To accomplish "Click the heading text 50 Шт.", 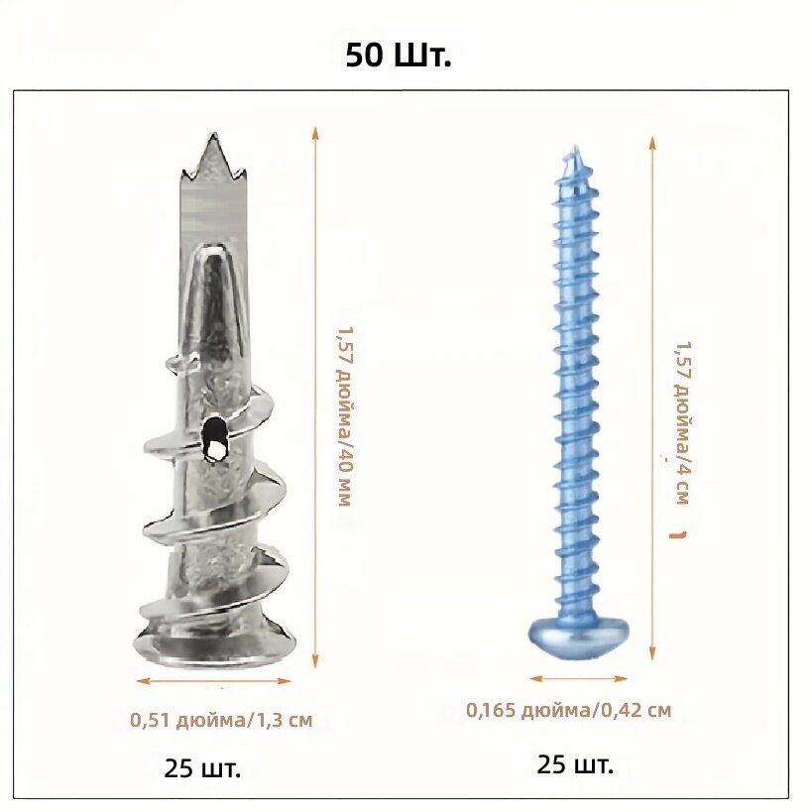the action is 399,56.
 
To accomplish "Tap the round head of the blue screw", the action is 578,635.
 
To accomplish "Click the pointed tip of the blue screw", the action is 574,150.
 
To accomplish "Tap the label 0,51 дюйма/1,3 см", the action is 221,721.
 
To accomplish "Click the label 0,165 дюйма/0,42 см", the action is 569,710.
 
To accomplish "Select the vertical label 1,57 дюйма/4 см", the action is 682,422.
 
